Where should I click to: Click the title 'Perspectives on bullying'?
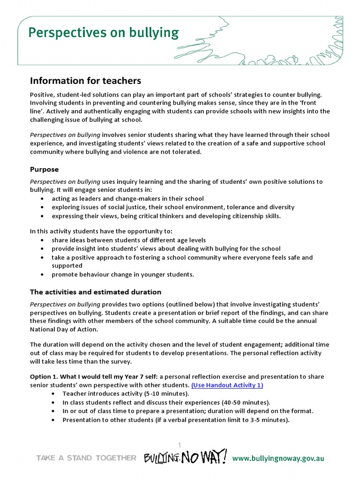103,33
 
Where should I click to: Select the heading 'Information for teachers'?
85,81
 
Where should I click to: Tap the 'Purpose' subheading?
45,169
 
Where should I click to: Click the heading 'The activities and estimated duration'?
96,292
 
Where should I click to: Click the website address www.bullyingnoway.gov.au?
278,458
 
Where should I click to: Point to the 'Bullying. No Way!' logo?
186,457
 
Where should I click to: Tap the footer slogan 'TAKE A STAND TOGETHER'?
87,458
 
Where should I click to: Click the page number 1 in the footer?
179,444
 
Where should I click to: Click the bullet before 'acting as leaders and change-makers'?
43,199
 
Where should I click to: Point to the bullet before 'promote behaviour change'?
43,275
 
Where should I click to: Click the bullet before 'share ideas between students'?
43,240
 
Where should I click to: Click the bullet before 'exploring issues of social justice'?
43,207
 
